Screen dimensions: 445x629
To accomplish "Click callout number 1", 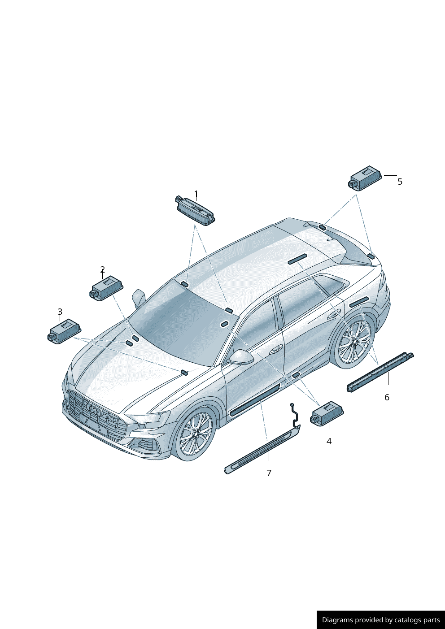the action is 196,194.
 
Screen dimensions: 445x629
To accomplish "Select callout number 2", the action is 103,269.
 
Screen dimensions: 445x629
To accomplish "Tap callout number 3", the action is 60,312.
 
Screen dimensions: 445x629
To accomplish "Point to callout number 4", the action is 329,442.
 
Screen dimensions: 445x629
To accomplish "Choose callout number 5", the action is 400,182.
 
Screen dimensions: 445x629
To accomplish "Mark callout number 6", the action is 387,397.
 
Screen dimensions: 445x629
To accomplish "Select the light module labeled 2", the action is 108,288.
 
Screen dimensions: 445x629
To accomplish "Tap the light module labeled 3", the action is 64,331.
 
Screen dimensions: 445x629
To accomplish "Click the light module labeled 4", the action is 327,413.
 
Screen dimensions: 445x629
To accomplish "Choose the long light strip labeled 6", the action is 380,373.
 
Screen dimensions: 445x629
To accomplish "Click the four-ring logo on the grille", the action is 94,409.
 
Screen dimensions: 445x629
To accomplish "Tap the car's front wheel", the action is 195,433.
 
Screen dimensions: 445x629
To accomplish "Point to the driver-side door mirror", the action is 241,357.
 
